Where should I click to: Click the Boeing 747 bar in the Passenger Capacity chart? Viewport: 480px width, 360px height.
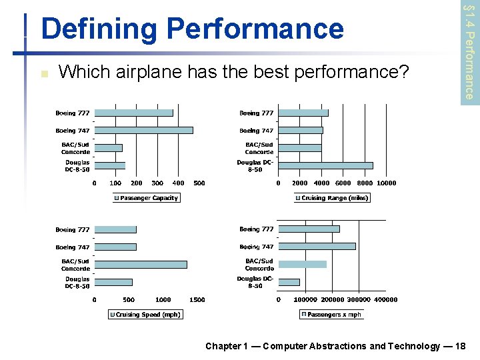[144, 130]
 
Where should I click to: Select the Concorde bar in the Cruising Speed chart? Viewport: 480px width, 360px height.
[141, 264]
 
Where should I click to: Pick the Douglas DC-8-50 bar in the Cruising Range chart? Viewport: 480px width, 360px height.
[325, 165]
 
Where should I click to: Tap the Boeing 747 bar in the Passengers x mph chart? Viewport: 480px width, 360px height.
[317, 246]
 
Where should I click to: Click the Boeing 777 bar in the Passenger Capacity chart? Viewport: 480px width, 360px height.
[134, 113]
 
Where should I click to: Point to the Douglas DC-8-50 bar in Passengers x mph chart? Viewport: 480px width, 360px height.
[289, 282]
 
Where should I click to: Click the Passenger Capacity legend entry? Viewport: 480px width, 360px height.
[146, 198]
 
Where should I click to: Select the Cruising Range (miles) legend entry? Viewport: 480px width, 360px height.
[331, 198]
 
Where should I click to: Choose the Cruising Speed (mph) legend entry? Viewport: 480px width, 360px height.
[145, 315]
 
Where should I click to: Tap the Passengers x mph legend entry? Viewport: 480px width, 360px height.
[331, 315]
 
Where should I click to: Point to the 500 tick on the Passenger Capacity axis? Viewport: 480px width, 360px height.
[199, 183]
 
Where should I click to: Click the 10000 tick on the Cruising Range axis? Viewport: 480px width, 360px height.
[386, 183]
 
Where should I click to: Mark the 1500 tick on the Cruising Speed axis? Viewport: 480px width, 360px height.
[197, 300]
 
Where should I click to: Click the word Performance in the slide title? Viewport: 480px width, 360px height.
[256, 29]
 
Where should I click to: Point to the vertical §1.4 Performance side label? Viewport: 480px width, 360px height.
[469, 50]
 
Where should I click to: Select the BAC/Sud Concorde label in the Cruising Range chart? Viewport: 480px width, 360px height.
[259, 148]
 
